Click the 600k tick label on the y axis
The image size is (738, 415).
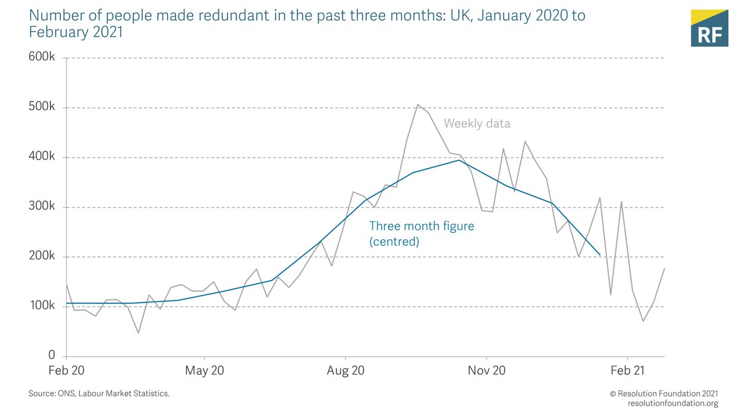pos(42,58)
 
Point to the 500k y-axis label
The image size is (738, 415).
pos(42,108)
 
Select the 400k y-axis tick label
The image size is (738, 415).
pos(42,157)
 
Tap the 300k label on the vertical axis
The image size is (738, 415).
pos(42,207)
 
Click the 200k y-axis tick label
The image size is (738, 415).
pos(42,257)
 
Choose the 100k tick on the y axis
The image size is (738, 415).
pos(42,306)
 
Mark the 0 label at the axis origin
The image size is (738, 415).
pos(52,355)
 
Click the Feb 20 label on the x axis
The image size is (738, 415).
pos(66,371)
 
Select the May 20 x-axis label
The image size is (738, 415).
pos(204,371)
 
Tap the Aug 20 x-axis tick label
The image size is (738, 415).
pos(346,371)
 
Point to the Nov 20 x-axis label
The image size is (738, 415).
pos(486,371)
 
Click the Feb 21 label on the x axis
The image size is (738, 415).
pos(627,371)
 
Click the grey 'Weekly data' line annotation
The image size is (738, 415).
pos(477,124)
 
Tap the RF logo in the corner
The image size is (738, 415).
pos(709,29)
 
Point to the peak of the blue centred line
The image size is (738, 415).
pos(459,160)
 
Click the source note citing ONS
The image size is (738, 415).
pos(98,393)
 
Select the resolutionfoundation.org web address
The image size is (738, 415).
pos(673,403)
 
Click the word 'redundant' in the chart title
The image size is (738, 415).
pos(202,15)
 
